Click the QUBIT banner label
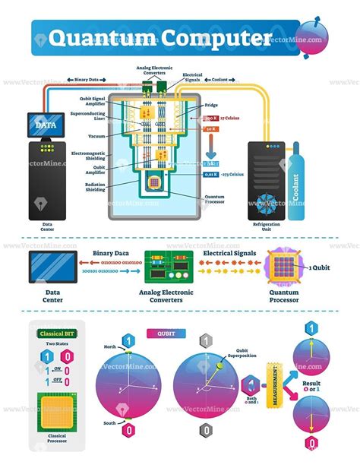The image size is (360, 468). point(166,332)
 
